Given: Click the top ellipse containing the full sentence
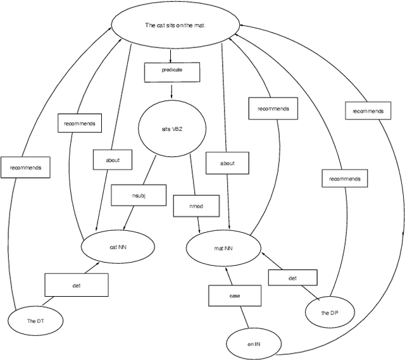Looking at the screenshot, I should (x=176, y=26).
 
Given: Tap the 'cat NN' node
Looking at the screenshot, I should (x=118, y=247).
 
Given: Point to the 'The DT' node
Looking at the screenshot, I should (x=35, y=321).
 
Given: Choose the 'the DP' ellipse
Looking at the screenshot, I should (x=328, y=313).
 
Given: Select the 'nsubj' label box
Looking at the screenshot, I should (x=139, y=195).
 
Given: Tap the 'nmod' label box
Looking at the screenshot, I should (x=196, y=206).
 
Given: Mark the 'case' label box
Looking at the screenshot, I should (x=234, y=295).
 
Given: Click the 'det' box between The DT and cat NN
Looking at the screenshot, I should (x=76, y=285).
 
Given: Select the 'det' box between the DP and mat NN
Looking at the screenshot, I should (x=292, y=278).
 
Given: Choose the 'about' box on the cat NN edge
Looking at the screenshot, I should (x=114, y=159).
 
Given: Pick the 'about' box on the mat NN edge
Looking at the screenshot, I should (x=227, y=163).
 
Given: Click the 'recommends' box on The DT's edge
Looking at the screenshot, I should (x=25, y=167).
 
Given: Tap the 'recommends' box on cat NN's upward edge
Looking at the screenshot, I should (x=79, y=123).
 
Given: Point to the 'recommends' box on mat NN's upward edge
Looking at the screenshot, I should (x=273, y=108).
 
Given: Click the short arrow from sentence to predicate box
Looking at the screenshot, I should (x=171, y=55).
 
